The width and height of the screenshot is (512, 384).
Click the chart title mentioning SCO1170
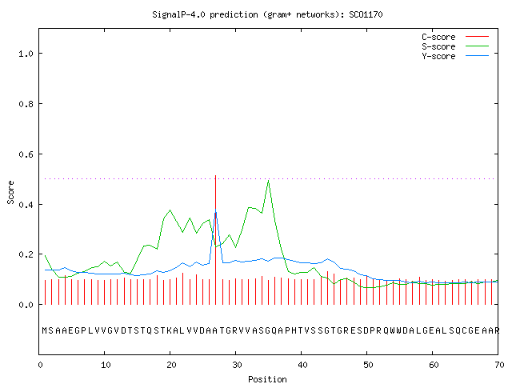pos(267,14)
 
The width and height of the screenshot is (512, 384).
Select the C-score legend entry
pos(455,37)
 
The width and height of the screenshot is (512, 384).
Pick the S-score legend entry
pos(455,46)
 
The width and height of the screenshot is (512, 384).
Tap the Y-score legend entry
pos(455,56)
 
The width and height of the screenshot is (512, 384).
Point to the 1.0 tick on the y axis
pos(26,54)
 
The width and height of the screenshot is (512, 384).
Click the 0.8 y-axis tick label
pos(26,104)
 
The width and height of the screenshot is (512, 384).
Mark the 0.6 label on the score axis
pos(26,154)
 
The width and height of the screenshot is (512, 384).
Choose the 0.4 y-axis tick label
pos(26,205)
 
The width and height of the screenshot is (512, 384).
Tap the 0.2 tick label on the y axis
pos(26,254)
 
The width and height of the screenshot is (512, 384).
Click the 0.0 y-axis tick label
pos(26,305)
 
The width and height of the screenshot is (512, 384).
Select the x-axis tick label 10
pos(106,365)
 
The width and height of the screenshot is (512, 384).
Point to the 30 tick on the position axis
pos(237,365)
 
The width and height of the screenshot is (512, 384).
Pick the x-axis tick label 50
pos(368,365)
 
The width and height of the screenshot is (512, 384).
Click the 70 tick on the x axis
pos(499,365)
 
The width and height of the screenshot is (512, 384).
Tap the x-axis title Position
pos(267,379)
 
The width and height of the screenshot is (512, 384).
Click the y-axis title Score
pos(10,192)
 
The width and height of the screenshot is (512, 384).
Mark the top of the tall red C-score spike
pos(215,176)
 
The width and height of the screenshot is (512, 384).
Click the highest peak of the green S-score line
pos(269,180)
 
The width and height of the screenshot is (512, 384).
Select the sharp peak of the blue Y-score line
pos(215,210)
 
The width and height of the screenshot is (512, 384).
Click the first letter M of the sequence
pos(45,330)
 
